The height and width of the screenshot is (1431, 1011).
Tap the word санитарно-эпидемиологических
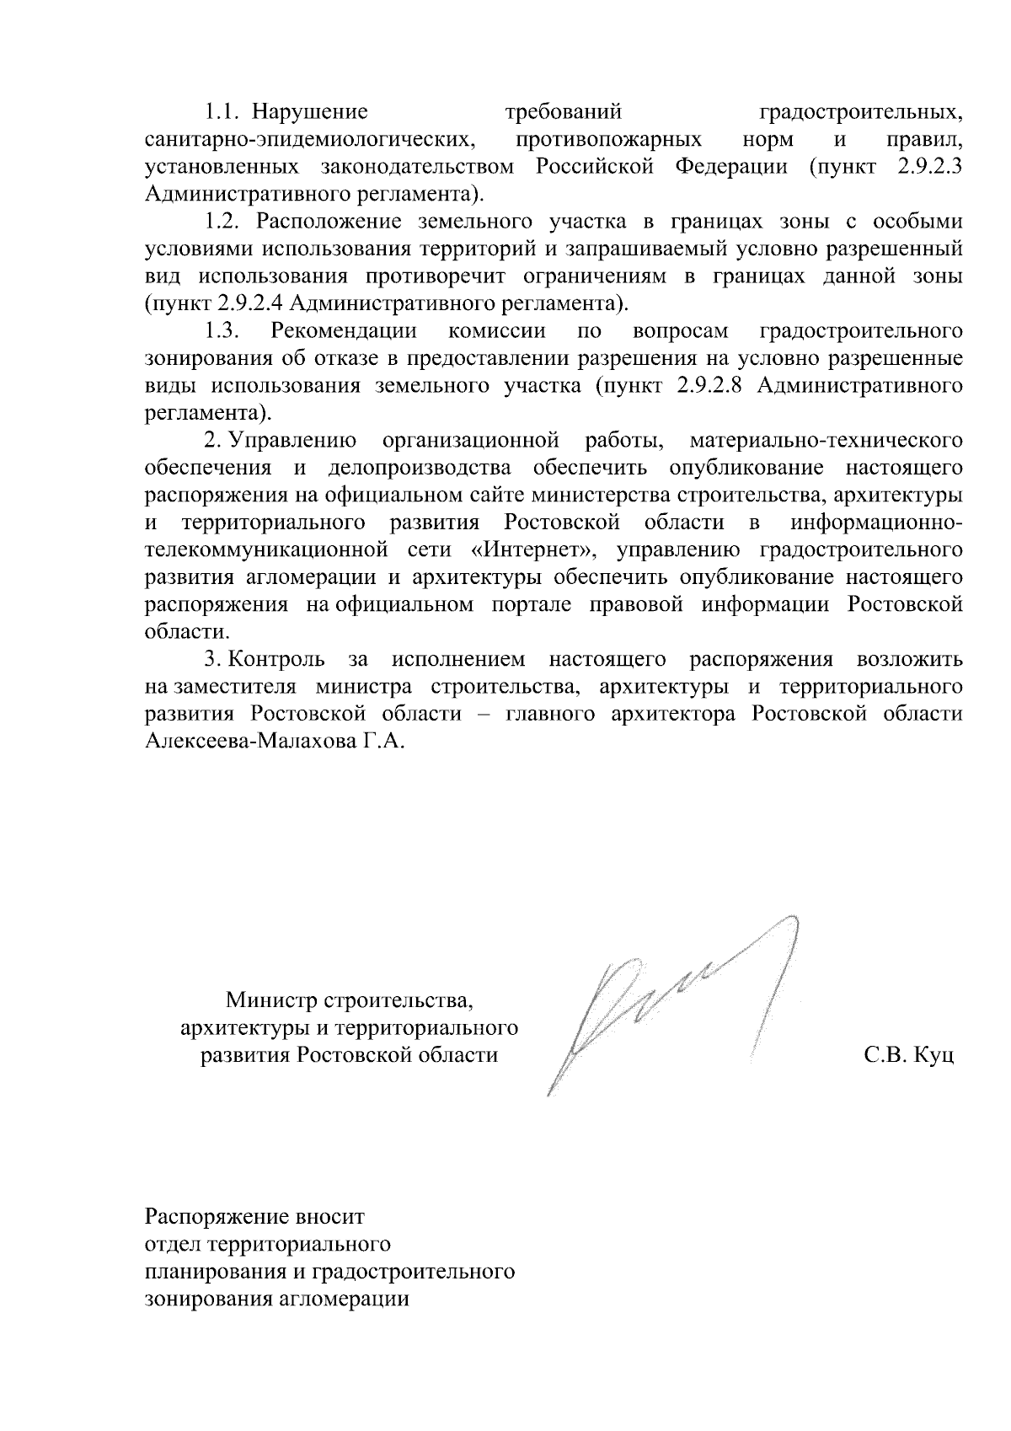pos(308,139)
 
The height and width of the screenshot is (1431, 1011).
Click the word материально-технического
pos(826,441)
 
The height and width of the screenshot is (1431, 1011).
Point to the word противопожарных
pos(610,139)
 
